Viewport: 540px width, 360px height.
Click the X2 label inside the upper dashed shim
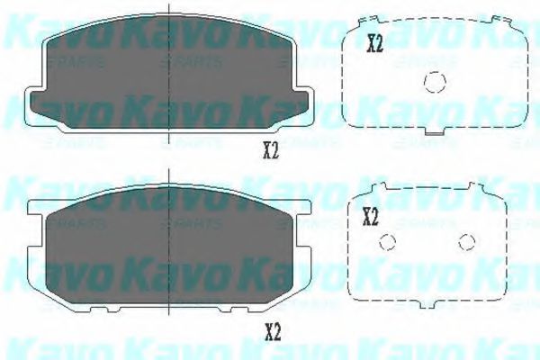pyautogui.click(x=376, y=42)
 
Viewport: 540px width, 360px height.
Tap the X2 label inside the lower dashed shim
pyautogui.click(x=369, y=216)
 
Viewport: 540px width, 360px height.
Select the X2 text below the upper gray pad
pyautogui.click(x=269, y=150)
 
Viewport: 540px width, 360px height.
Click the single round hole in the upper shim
pyautogui.click(x=435, y=83)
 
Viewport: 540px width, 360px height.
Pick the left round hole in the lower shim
pyautogui.click(x=389, y=242)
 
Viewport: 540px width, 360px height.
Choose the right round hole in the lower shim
pyautogui.click(x=466, y=242)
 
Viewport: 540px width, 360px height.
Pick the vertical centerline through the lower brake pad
pyautogui.click(x=172, y=252)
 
